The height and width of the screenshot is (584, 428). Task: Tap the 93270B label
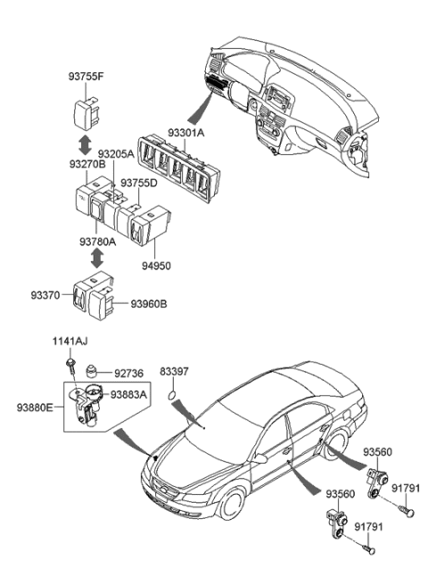[87, 164]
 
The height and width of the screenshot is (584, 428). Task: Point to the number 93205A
[116, 153]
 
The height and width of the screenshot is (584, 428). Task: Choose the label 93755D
[139, 183]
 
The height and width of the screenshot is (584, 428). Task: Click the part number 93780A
[98, 241]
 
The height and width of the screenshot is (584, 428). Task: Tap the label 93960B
[149, 304]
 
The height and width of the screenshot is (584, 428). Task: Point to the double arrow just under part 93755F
[82, 143]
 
